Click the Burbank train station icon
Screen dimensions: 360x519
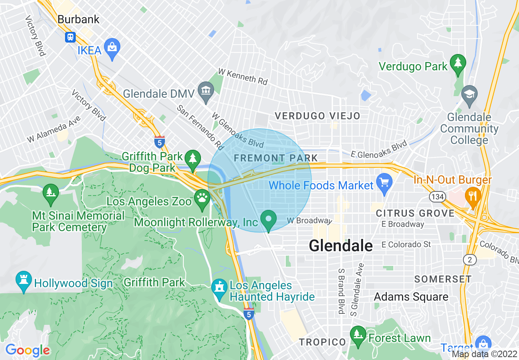pos(70,37)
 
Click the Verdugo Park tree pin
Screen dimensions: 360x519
pos(458,64)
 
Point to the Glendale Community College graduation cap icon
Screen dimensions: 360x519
pos(469,94)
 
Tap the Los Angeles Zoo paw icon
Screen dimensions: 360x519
pos(202,199)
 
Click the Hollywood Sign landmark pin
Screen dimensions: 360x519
pos(23,281)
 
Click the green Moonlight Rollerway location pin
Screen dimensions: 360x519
pos(269,219)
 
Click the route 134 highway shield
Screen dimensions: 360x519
pos(437,197)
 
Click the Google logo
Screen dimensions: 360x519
pos(27,350)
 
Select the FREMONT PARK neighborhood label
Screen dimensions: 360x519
pos(275,158)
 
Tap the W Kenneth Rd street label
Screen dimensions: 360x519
pos(243,76)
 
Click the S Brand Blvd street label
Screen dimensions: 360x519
pos(341,291)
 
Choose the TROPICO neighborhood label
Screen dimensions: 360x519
pos(322,342)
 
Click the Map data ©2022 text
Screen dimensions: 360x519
pos(484,354)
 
